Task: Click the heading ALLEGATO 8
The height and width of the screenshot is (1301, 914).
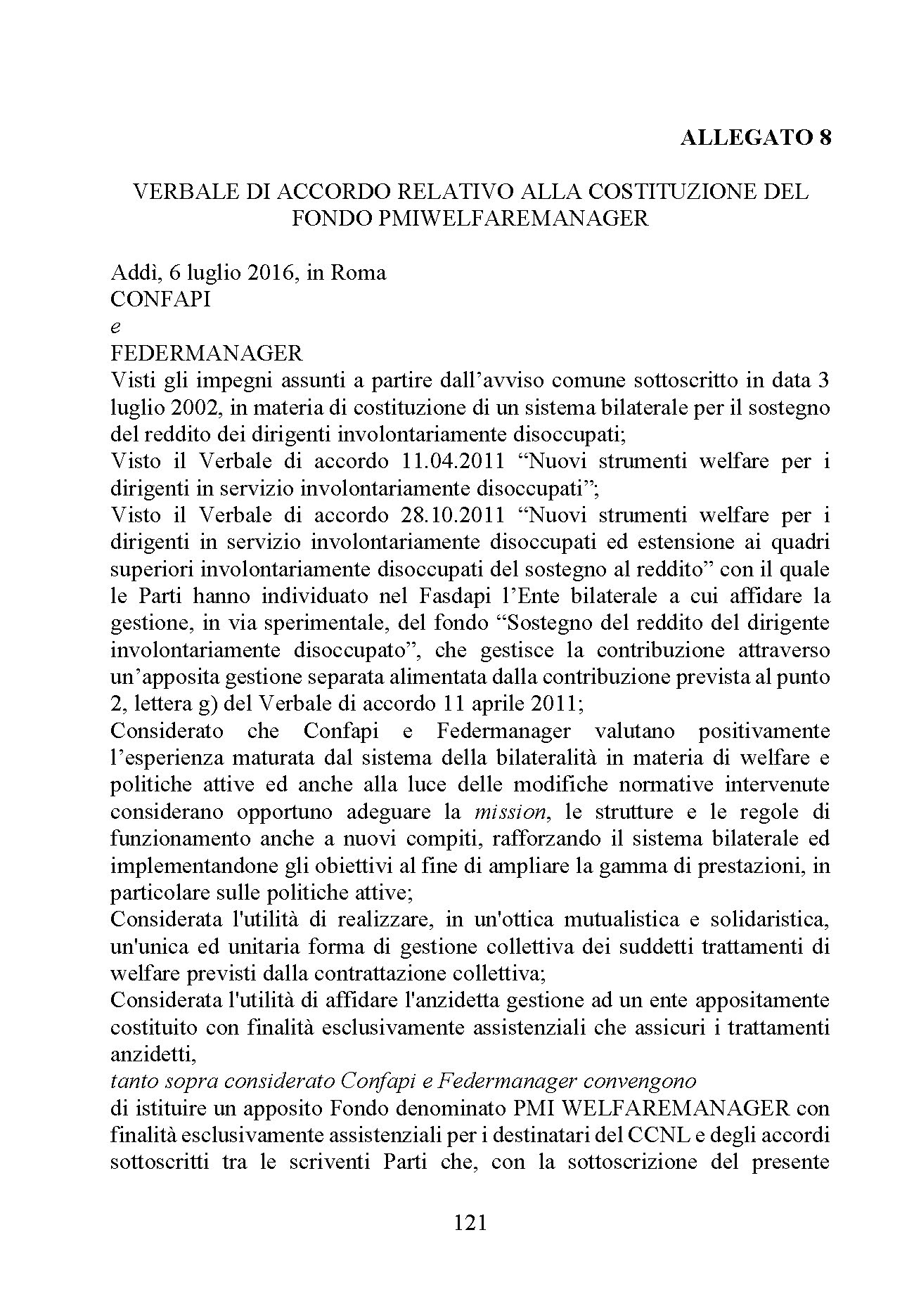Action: pyautogui.click(x=756, y=137)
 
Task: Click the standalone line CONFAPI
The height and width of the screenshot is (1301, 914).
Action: pyautogui.click(x=160, y=299)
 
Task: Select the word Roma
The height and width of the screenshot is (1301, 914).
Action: pyautogui.click(x=358, y=273)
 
